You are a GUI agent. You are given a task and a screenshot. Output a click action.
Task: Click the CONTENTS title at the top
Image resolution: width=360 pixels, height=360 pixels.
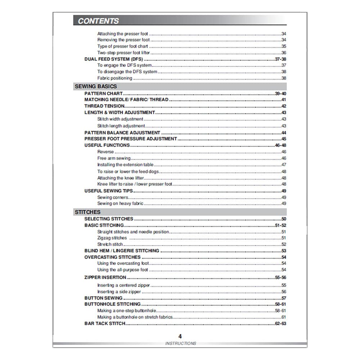point(98,21)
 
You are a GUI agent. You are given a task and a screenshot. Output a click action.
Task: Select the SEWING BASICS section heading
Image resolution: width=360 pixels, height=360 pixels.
point(95,86)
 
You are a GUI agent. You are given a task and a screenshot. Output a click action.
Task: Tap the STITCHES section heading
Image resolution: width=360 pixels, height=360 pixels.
point(87,212)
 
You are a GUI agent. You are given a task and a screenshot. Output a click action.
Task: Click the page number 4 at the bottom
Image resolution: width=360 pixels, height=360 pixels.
point(180,336)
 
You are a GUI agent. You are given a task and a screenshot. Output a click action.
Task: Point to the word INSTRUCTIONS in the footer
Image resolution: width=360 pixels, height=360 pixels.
point(181,343)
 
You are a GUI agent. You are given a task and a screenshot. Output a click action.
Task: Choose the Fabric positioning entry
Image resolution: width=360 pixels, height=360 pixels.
point(115,78)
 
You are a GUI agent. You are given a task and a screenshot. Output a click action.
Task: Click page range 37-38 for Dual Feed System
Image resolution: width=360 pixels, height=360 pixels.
point(281,59)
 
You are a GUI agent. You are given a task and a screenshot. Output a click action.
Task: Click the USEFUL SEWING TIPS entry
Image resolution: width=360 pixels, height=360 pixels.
point(108,191)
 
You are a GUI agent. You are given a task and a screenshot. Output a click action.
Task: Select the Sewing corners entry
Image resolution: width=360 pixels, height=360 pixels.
point(113,197)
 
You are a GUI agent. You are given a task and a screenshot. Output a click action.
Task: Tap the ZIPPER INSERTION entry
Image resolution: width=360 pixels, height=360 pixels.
point(105,278)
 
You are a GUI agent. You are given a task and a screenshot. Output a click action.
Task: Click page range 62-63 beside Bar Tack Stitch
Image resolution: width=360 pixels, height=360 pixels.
point(280,324)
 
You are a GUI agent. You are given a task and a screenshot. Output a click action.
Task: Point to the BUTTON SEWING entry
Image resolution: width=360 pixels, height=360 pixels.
point(103,298)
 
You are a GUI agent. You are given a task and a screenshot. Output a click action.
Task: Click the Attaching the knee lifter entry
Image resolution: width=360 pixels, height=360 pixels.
point(121,178)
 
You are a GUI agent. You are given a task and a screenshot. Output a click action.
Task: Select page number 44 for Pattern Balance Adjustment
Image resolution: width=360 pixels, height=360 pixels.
point(284,132)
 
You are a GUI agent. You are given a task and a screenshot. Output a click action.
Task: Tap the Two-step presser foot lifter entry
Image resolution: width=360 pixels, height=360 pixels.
point(123,53)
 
